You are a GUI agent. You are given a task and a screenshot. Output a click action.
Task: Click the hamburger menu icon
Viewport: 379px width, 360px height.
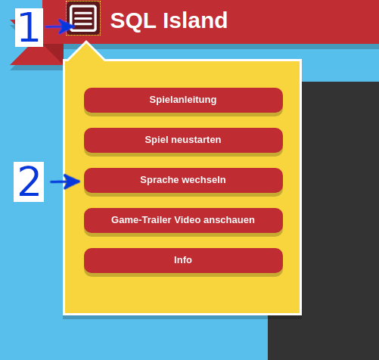tap(83, 18)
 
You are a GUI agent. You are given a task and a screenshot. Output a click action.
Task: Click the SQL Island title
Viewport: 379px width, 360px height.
tap(169, 20)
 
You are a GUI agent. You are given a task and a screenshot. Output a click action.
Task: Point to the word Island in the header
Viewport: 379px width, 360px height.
tap(194, 20)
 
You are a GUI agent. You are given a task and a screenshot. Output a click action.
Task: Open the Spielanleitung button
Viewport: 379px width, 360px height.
tap(183, 100)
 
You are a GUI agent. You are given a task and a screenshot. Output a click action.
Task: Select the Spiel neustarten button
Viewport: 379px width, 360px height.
tap(183, 140)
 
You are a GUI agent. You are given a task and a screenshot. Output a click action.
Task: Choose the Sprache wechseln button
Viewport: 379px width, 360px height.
tap(183, 180)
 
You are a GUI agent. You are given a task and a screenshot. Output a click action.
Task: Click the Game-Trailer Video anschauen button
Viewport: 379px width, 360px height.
tap(183, 220)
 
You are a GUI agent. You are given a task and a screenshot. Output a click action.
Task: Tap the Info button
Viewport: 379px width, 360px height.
tap(183, 260)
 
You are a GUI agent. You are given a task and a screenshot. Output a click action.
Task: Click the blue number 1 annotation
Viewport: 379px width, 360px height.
tap(29, 27)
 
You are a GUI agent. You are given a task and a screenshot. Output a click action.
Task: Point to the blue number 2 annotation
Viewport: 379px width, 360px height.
tap(29, 182)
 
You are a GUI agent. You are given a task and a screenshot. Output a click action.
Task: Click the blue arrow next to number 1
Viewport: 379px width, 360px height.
tap(60, 27)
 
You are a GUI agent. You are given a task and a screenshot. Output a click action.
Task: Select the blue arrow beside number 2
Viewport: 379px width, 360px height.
tap(65, 182)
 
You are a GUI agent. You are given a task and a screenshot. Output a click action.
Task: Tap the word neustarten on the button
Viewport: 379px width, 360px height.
tap(196, 140)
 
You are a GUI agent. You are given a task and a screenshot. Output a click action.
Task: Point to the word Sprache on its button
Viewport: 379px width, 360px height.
tap(157, 180)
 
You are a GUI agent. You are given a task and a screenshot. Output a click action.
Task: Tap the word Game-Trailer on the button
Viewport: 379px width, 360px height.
tap(141, 220)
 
